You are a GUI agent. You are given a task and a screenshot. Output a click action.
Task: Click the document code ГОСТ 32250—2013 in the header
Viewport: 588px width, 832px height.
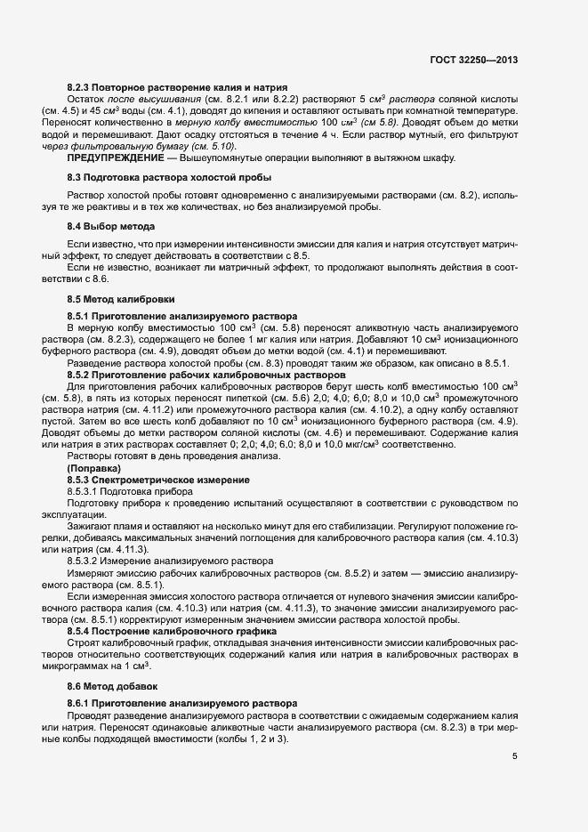pos(472,61)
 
